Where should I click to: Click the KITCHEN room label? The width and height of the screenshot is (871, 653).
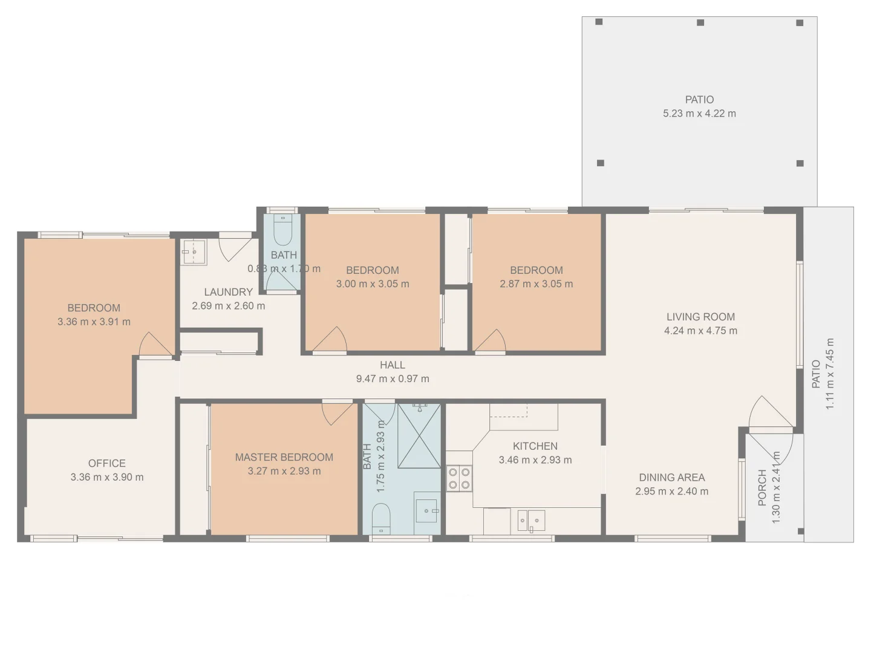coord(535,446)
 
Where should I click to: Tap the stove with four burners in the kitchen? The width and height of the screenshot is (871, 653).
coord(459,478)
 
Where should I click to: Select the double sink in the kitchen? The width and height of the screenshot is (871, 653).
coord(531,521)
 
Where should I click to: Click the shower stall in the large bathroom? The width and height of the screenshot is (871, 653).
coord(419,436)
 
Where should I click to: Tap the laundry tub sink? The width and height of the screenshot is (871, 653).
coord(194,252)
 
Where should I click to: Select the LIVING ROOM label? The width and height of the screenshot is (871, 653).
coord(700,317)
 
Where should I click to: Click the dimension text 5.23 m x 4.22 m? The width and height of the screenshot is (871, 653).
coord(699,114)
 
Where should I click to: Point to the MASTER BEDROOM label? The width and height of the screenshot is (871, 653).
coord(284,457)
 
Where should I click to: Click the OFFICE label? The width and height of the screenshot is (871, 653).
coord(107,463)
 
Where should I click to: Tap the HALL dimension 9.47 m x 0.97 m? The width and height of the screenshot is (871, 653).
coord(393,379)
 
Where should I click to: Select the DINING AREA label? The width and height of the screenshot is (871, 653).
coord(671,478)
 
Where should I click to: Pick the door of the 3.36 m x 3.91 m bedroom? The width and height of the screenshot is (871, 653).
coord(155,346)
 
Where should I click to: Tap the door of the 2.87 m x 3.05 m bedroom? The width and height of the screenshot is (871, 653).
coord(491,342)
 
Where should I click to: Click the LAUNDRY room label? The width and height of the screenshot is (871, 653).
coord(228,292)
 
